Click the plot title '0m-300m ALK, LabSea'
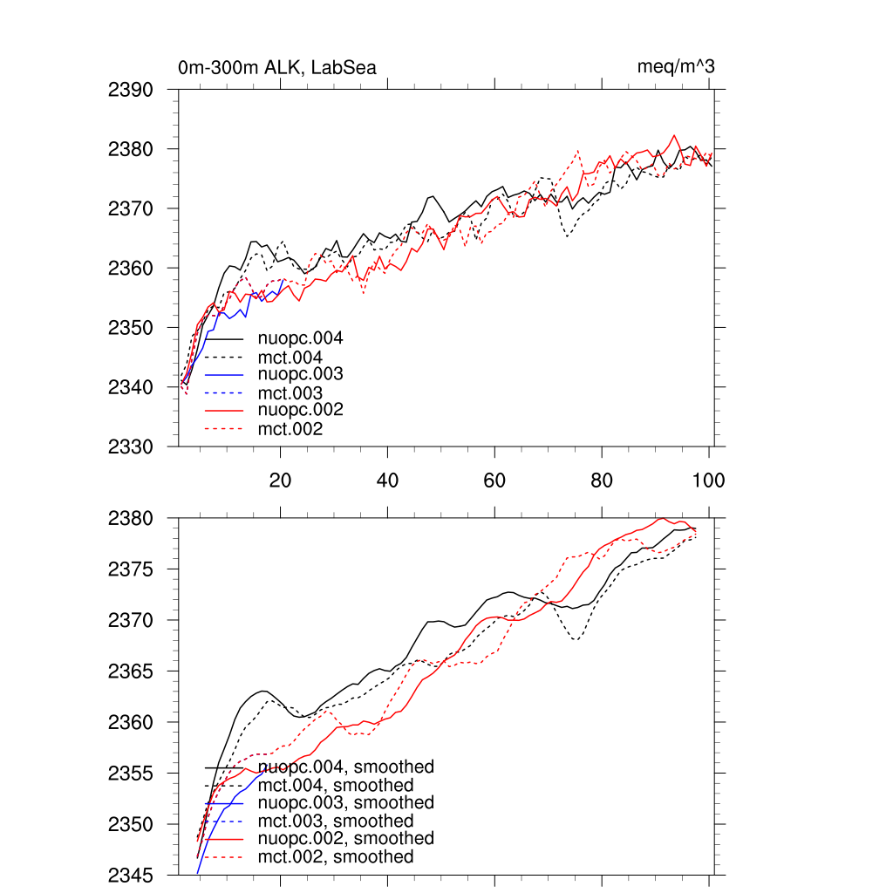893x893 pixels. point(276,67)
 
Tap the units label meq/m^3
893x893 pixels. point(678,67)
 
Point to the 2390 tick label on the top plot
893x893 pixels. point(131,90)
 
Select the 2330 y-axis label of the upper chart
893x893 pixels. point(131,446)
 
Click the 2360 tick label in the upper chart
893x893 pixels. point(131,269)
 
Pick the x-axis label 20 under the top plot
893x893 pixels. point(280,481)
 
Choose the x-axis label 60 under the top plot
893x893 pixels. point(494,481)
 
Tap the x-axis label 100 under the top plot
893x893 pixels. point(707,481)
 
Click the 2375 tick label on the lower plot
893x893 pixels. point(131,569)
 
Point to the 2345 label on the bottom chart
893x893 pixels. point(131,875)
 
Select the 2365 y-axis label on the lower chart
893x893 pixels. point(131,671)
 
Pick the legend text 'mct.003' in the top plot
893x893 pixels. point(290,393)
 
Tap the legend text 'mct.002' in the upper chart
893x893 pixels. point(290,429)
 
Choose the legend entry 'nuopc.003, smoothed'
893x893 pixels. point(346,802)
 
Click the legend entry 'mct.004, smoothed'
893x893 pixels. point(336,786)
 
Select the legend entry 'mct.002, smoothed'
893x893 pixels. point(336,857)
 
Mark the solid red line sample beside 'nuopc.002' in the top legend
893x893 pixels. point(224,410)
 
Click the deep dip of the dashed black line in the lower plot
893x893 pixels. point(576,640)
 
